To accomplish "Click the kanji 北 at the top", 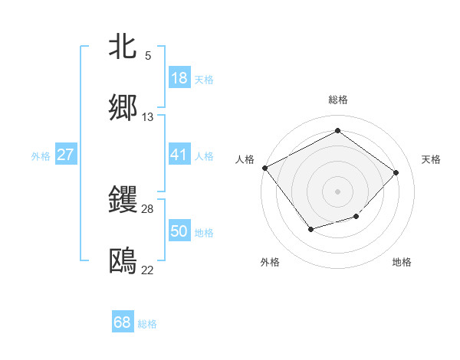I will click(x=123, y=47).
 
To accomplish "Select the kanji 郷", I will click(x=123, y=108).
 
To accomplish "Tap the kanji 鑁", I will click(x=123, y=200).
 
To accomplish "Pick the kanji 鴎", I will click(x=123, y=261).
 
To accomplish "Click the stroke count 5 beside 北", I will click(x=148, y=56).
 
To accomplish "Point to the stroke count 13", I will click(x=148, y=117).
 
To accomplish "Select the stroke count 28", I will click(x=148, y=209).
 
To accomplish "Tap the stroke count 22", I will click(x=148, y=270).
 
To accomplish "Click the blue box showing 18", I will click(x=179, y=78).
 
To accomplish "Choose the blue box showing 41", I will click(x=179, y=155).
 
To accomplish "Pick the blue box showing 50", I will click(x=179, y=231).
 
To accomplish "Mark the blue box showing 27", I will click(x=66, y=155).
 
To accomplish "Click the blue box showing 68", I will click(x=123, y=322).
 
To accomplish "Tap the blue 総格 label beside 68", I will click(x=147, y=324).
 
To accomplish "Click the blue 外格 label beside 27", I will click(x=41, y=155).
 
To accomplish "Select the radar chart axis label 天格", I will click(x=431, y=159).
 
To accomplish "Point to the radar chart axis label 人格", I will click(x=245, y=159).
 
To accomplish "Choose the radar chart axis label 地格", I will click(x=402, y=263).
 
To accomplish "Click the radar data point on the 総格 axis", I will click(x=337, y=132).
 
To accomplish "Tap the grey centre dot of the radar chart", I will click(x=337, y=191).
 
